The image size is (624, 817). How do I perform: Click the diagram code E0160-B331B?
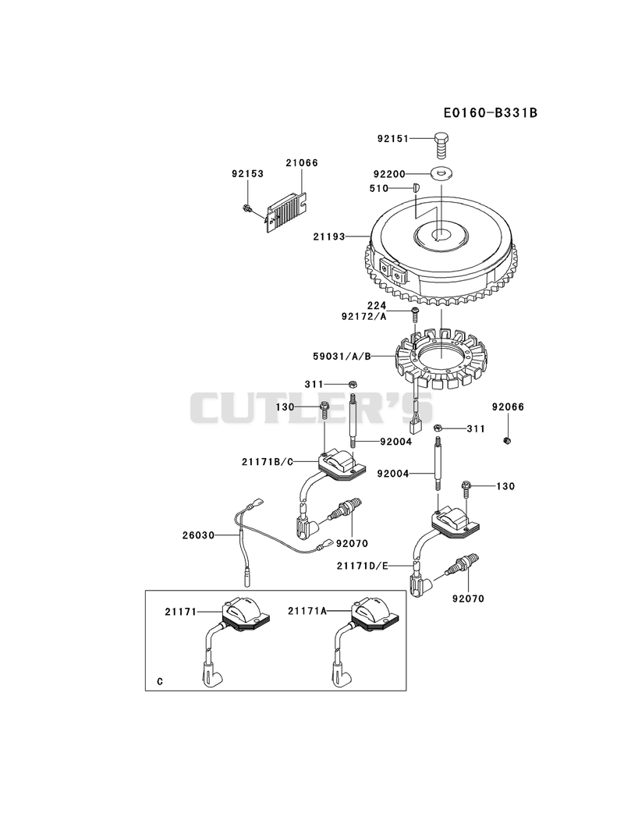coord(490,112)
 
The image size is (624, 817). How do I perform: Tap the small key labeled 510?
coord(415,187)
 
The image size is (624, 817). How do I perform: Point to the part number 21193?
coord(329,236)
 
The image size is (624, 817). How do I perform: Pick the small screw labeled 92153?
coord(246,209)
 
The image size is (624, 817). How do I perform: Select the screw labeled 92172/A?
coord(415,314)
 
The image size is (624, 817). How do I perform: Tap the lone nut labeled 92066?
coord(506,442)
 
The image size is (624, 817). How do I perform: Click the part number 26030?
coord(198,535)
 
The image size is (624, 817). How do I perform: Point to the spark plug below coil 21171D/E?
coord(459,565)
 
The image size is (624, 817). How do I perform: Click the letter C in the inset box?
coord(160,681)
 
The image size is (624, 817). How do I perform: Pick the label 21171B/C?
coord(268,462)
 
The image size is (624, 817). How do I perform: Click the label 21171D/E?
coord(362,566)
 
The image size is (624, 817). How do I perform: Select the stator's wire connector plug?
coord(417,424)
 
